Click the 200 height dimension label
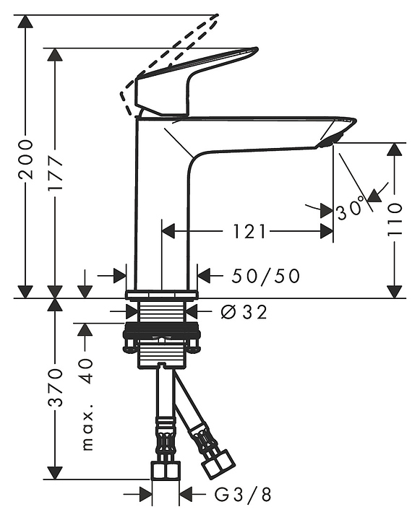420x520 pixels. point(26,160)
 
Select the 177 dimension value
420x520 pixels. point(55,172)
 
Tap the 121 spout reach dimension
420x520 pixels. point(249,231)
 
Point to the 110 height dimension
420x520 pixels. point(395,220)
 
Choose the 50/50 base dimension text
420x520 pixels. point(265,276)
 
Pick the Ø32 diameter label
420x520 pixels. point(244,312)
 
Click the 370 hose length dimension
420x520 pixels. point(55,387)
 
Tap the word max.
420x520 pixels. point(87,427)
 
